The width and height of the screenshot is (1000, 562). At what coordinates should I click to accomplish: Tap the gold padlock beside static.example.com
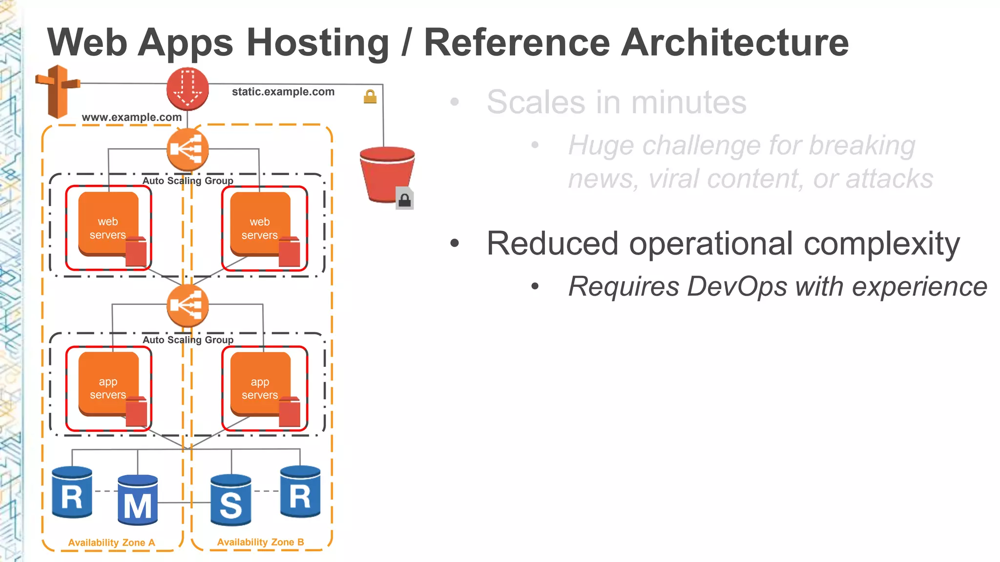[370, 97]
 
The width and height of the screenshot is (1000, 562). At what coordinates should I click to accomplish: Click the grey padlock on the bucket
[404, 199]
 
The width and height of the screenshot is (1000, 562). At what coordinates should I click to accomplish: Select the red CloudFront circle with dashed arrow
[187, 89]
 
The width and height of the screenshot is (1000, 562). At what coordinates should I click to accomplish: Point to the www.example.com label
[132, 117]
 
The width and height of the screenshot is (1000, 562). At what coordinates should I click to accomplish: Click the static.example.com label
[283, 92]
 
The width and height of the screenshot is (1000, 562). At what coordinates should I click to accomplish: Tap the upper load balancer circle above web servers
[187, 150]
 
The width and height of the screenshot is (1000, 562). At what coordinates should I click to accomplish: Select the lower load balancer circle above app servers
[187, 306]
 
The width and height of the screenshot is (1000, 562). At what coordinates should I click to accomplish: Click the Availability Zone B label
[260, 542]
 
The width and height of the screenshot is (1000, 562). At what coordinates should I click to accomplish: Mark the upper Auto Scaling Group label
[188, 181]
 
